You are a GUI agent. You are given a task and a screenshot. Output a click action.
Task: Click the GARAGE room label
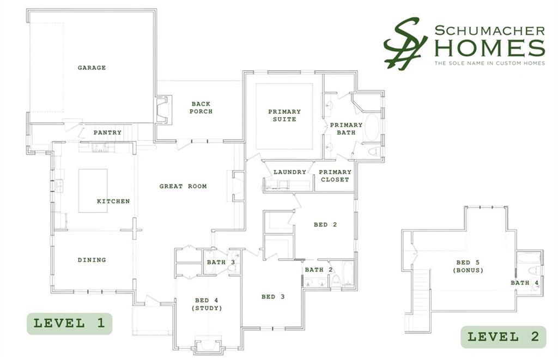coord(92,68)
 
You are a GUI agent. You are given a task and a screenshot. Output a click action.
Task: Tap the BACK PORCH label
coord(201,107)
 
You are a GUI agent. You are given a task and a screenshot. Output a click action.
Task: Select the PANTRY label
coord(107,132)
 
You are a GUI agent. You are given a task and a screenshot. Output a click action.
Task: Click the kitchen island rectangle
coord(93,191)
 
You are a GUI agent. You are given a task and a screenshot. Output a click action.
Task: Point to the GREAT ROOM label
coord(183,186)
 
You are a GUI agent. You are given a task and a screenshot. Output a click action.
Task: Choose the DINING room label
coord(92,260)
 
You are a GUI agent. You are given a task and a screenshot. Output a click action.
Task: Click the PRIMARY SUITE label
coord(284,115)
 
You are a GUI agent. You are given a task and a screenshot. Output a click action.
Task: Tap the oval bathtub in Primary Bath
coord(372,127)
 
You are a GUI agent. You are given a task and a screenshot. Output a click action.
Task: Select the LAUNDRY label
coord(290,172)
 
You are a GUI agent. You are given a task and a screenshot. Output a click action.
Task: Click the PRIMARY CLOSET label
coord(335,176)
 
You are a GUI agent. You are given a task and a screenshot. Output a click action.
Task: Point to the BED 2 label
coord(325,224)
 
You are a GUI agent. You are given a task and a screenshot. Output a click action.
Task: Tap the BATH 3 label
coord(221,262)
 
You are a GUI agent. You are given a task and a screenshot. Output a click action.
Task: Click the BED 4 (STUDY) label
coord(207,304)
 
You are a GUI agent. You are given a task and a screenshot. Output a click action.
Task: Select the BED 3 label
coord(273,297)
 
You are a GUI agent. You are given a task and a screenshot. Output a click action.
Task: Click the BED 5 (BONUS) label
coord(468,266)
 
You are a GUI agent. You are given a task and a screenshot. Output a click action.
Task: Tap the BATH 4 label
coord(525,283)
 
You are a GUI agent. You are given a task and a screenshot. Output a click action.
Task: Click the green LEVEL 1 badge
coord(69,324)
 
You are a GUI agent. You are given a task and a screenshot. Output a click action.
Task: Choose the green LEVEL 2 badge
coord(503,337)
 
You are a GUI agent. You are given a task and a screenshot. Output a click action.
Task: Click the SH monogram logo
coord(405,44)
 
